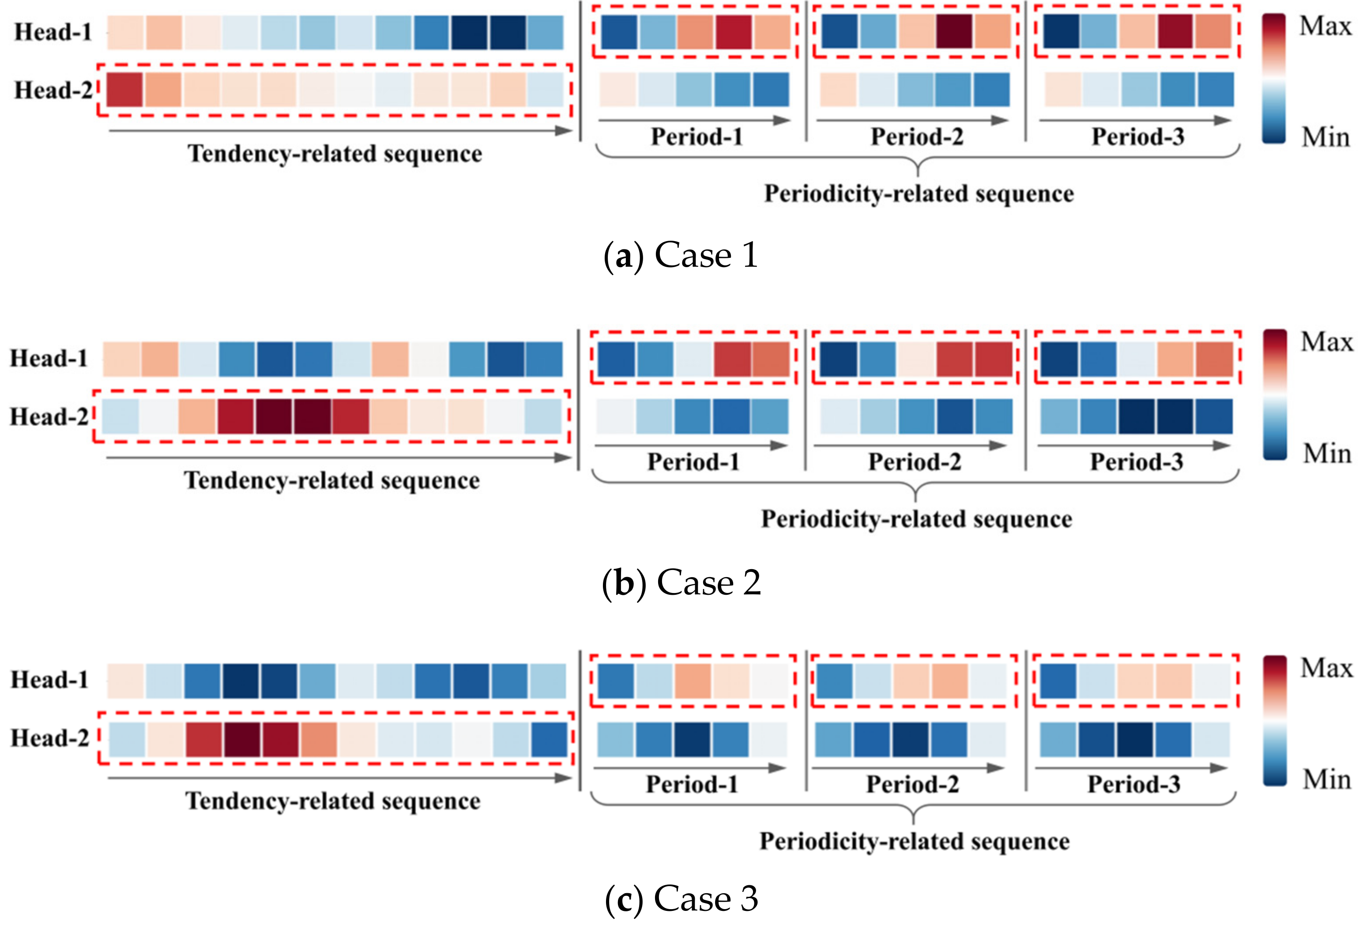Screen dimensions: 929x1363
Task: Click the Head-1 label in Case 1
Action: [53, 32]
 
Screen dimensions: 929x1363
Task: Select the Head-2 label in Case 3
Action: [50, 738]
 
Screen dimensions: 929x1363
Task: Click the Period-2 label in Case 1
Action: [917, 137]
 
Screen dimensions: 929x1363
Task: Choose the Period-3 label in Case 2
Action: [1136, 462]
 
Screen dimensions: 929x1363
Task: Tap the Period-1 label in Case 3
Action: [692, 784]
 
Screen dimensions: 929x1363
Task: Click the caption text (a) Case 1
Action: [681, 256]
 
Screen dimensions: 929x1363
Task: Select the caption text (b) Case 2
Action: [681, 583]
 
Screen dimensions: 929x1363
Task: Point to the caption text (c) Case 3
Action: [681, 898]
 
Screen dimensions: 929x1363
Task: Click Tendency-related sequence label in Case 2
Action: [332, 481]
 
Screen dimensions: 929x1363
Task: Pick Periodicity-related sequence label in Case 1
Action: [919, 194]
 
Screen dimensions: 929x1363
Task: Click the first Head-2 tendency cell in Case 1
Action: [124, 90]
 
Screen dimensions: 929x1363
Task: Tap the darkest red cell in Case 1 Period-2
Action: [954, 32]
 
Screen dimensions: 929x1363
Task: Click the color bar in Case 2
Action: [1275, 395]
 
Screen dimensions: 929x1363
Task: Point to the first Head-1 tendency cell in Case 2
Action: [121, 359]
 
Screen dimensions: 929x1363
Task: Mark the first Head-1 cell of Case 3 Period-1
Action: [615, 681]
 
